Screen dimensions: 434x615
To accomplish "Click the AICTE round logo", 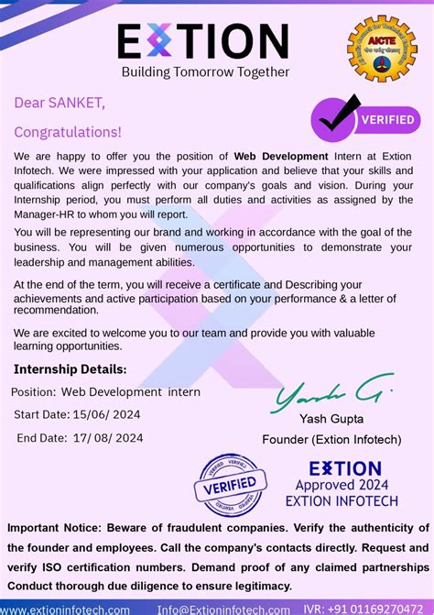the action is (381, 49).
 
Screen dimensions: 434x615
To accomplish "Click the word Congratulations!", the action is (68, 132).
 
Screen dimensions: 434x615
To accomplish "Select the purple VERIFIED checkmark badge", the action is (364, 119).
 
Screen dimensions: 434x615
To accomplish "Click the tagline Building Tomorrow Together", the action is (205, 71).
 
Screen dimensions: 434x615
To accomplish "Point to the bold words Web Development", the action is (281, 157).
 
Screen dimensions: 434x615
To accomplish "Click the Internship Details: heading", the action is (71, 369).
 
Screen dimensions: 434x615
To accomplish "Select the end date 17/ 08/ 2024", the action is (108, 437).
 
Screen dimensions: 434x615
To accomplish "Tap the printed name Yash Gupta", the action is (331, 420).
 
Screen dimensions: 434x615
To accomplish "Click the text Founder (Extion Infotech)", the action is (331, 439).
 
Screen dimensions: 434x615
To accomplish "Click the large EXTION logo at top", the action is (203, 40).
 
